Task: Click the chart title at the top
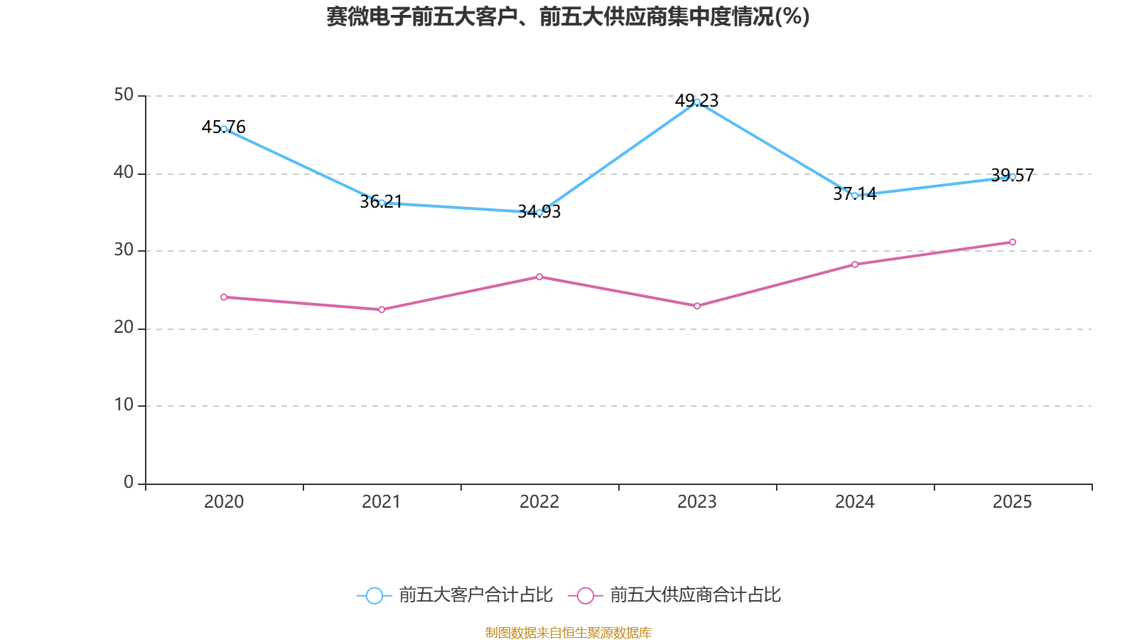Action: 568,16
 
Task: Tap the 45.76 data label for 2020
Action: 223,127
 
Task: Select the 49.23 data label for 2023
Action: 696,100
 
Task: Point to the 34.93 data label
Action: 539,211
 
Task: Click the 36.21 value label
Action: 381,201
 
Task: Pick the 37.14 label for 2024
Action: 854,193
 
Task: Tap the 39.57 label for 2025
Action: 1012,175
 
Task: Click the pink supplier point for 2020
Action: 224,297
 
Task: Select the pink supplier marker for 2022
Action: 539,277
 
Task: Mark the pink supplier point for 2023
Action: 697,306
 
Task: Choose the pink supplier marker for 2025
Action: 1013,242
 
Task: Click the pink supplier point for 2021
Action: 382,309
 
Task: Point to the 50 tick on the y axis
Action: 124,95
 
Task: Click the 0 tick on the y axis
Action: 129,482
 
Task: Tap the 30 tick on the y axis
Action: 124,250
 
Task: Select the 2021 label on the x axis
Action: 382,501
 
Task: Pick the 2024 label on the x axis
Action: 855,501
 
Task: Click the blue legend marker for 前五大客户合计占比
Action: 374,595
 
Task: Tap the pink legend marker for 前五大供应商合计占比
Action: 585,595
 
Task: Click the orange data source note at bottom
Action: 568,632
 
